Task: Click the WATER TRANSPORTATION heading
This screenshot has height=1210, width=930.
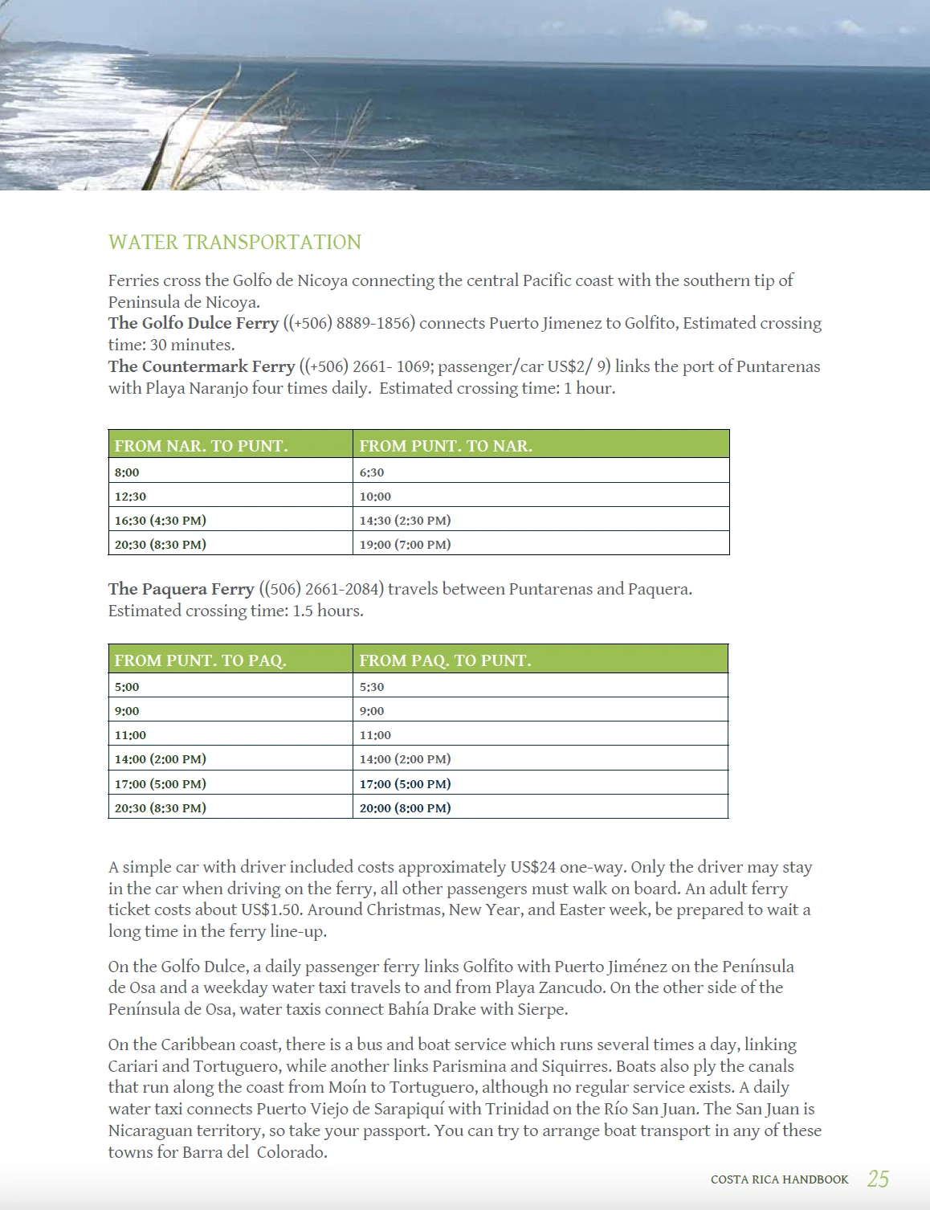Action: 235,242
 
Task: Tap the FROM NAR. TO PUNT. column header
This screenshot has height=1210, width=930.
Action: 201,446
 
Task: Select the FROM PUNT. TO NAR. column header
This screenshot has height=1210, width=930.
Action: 446,446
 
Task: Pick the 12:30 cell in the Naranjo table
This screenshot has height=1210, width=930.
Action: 130,497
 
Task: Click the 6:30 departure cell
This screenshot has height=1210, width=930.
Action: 372,472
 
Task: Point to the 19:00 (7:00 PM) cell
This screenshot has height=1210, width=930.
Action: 405,545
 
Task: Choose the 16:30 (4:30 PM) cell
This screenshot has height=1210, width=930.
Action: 160,521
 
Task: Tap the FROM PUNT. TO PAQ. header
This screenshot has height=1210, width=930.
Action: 200,660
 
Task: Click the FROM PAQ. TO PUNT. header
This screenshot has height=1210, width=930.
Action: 445,660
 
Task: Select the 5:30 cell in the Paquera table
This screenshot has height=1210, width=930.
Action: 372,687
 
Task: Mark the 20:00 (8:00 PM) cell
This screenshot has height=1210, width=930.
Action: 405,808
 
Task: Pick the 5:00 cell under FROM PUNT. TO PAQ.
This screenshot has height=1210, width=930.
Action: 127,687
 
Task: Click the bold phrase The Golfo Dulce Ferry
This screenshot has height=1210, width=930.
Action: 194,323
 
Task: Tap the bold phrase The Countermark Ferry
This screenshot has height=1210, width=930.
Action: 202,366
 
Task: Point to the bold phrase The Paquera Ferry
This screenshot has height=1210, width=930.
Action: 182,589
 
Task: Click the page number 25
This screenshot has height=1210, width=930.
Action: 878,1179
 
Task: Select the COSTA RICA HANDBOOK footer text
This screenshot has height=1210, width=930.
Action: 779,1179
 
